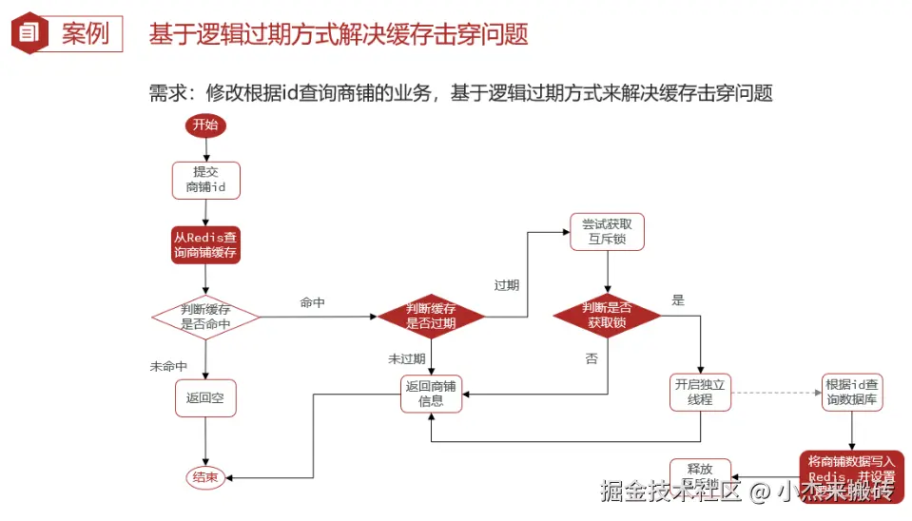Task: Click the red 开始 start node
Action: pos(204,125)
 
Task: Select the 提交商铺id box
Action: pos(205,180)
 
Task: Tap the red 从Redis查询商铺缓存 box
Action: pos(205,245)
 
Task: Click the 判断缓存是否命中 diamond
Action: pos(205,317)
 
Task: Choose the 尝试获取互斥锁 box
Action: pos(607,232)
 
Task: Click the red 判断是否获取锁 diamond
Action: pos(608,314)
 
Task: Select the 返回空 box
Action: pos(205,397)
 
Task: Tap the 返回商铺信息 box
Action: pos(431,394)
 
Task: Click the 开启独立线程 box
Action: pos(700,393)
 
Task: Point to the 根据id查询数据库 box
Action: pos(852,393)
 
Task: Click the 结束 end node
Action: pos(205,477)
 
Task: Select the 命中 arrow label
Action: pos(312,302)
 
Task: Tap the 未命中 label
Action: pos(168,366)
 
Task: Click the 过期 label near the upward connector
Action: pos(506,285)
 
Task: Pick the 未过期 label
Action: pos(406,358)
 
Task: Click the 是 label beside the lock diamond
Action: pos(678,299)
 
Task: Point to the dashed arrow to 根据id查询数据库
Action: pos(775,393)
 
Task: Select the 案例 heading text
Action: pos(86,34)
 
